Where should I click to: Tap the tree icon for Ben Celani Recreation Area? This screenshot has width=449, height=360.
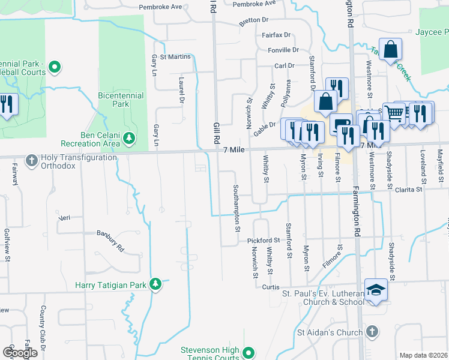128,139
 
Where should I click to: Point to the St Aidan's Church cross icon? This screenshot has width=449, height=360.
372,332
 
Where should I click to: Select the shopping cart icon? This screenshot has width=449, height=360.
394,112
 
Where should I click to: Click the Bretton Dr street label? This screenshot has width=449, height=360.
253,20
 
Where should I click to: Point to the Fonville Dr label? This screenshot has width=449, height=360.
283,50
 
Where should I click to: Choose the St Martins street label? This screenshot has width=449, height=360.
175,57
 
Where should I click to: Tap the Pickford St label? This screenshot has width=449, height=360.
264,240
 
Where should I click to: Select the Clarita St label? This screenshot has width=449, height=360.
409,190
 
